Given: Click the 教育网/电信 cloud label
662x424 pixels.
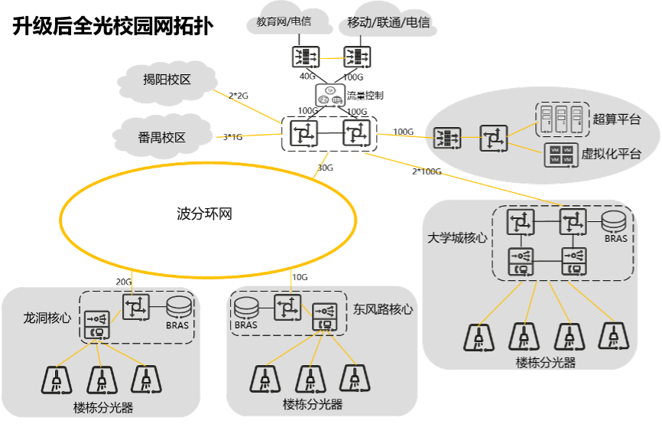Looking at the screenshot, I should point(284,22).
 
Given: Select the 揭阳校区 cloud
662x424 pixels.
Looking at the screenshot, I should point(167,79).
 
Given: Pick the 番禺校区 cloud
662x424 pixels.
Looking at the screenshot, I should point(161,138).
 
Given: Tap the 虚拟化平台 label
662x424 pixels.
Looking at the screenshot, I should point(611,154).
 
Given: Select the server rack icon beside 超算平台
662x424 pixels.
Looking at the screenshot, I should point(562,118).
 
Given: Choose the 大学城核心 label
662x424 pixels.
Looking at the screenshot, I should point(457,238).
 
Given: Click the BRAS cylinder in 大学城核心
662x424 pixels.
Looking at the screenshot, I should point(615,223).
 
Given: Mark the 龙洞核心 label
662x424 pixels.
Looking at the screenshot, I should point(47,317).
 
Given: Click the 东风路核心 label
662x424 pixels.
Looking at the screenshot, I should point(383,309).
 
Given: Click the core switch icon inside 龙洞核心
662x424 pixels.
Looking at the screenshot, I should point(137,307).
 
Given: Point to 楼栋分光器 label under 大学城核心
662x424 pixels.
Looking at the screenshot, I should point(545,363).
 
